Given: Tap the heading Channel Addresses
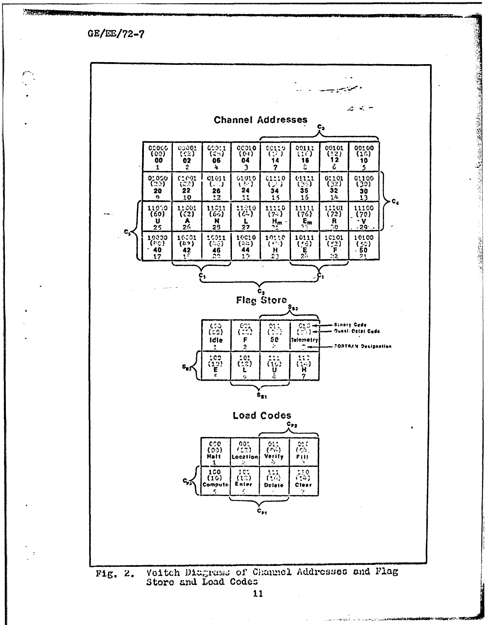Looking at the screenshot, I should [x=261, y=120].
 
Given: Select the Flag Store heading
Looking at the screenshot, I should [x=261, y=300].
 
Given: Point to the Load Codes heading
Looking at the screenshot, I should [x=262, y=415].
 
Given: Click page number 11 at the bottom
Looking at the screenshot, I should [x=258, y=594].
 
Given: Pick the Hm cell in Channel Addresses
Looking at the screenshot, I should [x=275, y=216].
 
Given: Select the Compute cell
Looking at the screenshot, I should [x=215, y=481].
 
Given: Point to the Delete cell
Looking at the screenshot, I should [x=274, y=481].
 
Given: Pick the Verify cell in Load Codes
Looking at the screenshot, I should [x=274, y=452].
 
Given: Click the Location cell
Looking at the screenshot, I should [x=244, y=452].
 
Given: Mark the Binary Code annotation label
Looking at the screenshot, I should [x=350, y=325].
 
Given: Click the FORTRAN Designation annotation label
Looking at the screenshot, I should [x=362, y=347].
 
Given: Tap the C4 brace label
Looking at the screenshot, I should [x=395, y=202].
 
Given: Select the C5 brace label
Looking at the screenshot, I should [x=127, y=231].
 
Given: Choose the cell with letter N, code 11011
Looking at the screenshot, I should [x=217, y=216].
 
